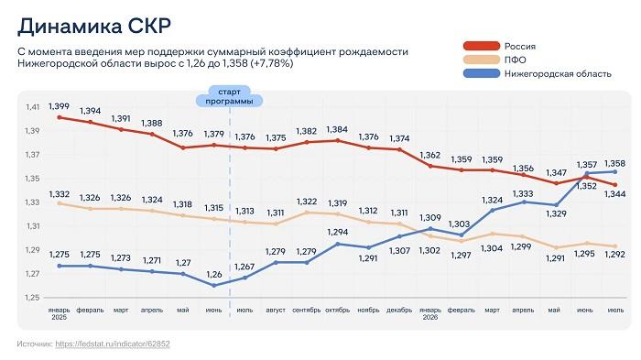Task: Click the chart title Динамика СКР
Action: [94, 27]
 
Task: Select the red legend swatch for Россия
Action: [482, 46]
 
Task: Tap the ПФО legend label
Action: [515, 60]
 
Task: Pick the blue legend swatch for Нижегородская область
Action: [482, 73]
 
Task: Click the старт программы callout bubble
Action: [229, 96]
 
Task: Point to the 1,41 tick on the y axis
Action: [33, 107]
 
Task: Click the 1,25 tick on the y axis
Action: [32, 298]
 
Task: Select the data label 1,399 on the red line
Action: [59, 106]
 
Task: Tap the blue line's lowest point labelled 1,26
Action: [213, 286]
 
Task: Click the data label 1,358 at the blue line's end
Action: [614, 164]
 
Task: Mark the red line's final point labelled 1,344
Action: [615, 184]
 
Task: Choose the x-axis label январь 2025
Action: [60, 313]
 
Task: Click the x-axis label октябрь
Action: [337, 311]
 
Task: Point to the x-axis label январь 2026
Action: [430, 313]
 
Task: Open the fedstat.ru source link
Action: [113, 344]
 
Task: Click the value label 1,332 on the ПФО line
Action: [60, 194]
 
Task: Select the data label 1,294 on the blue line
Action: [338, 232]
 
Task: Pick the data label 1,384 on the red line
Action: [337, 130]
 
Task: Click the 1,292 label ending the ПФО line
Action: [614, 254]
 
